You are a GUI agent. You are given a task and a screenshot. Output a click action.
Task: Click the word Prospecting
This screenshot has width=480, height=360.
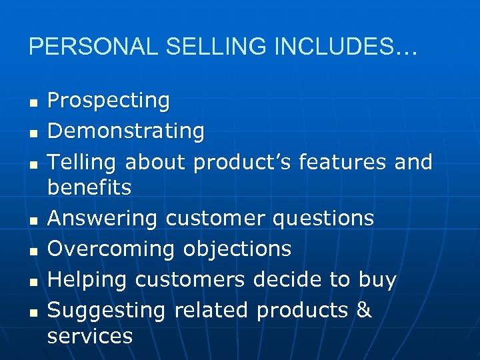[109, 101]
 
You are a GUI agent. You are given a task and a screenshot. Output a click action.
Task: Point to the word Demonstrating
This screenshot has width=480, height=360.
[126, 131]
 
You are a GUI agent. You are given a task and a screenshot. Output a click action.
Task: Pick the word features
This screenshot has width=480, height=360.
[341, 161]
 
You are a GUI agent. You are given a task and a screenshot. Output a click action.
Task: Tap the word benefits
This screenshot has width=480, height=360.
[89, 187]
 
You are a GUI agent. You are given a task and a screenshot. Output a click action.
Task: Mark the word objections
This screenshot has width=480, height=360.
[237, 249]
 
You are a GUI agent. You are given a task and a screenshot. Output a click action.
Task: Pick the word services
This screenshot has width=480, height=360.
[90, 336]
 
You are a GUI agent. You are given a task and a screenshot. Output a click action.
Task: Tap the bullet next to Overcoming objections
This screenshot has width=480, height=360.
[31, 251]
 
